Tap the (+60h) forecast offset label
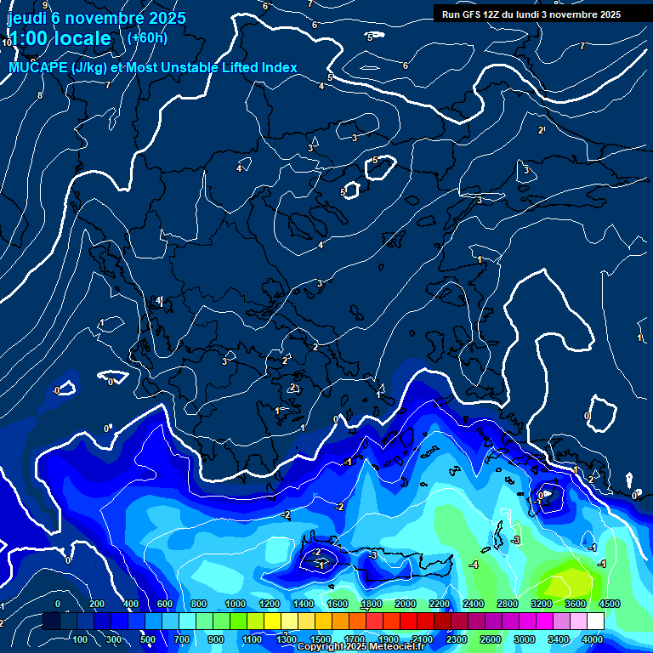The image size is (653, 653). (147, 37)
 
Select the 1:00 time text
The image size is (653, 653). (30, 38)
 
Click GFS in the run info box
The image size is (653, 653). (474, 14)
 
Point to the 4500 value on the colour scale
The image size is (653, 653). (609, 604)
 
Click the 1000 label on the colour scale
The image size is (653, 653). (235, 604)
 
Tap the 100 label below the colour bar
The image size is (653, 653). (80, 639)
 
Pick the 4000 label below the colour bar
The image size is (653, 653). (593, 639)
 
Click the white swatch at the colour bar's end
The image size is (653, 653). (595, 622)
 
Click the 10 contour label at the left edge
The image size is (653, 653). (7, 42)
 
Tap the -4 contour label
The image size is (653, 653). (474, 565)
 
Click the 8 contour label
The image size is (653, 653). (39, 95)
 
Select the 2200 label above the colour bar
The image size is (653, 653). (439, 604)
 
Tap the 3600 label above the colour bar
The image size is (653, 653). (575, 604)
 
